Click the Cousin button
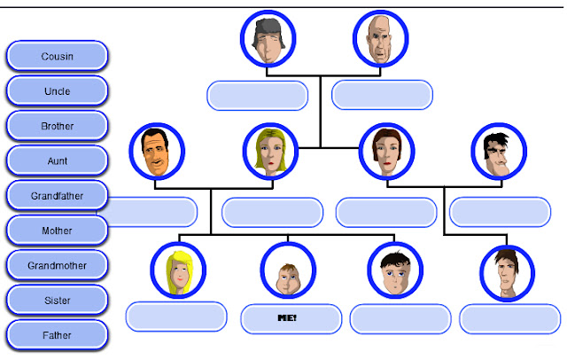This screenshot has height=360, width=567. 57,57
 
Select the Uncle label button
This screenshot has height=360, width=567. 57,91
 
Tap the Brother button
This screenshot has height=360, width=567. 57,126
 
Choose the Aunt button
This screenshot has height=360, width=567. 57,161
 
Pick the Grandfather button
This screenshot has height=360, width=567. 57,195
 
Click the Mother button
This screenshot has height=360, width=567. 57,231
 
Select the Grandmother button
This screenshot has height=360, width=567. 57,265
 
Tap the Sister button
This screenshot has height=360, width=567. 57,301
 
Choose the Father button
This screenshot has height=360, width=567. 57,335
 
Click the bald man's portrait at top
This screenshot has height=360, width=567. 380,39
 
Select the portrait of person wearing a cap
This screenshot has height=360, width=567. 268,39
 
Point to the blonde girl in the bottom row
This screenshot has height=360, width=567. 177,270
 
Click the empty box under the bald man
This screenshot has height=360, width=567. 382,94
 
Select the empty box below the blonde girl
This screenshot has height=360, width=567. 176,316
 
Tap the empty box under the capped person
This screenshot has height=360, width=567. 258,94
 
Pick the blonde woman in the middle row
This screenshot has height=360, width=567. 269,152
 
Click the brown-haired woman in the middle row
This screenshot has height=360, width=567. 386,152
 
